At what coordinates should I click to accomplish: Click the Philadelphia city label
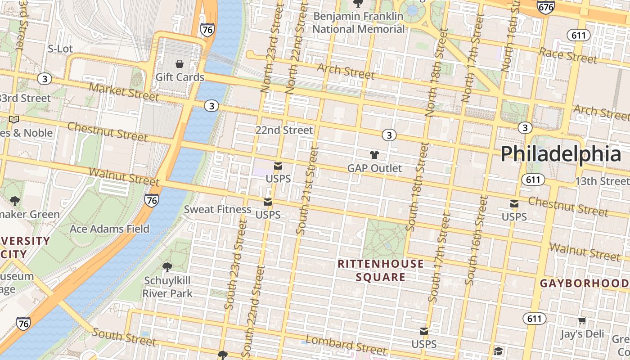point(561,154)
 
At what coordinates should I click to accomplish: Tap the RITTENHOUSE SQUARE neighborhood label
point(381,270)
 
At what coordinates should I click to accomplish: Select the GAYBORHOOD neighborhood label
point(584,283)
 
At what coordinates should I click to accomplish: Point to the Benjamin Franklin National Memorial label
point(359,22)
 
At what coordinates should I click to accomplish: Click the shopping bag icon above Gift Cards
point(180,64)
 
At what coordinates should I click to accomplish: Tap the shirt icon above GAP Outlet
point(374,155)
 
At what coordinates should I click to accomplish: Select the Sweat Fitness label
point(217,209)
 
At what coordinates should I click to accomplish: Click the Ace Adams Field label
point(109,229)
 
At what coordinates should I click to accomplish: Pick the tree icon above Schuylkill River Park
point(167,267)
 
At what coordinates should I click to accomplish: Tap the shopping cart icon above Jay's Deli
point(582,321)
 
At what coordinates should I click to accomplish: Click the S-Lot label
point(60,49)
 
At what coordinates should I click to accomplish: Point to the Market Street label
point(123,91)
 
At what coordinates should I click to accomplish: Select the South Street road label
point(124,337)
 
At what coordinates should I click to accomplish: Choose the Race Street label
point(568,55)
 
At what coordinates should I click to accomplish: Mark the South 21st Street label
point(307,190)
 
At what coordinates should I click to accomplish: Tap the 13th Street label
point(602,181)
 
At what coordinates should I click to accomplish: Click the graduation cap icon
point(498,351)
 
